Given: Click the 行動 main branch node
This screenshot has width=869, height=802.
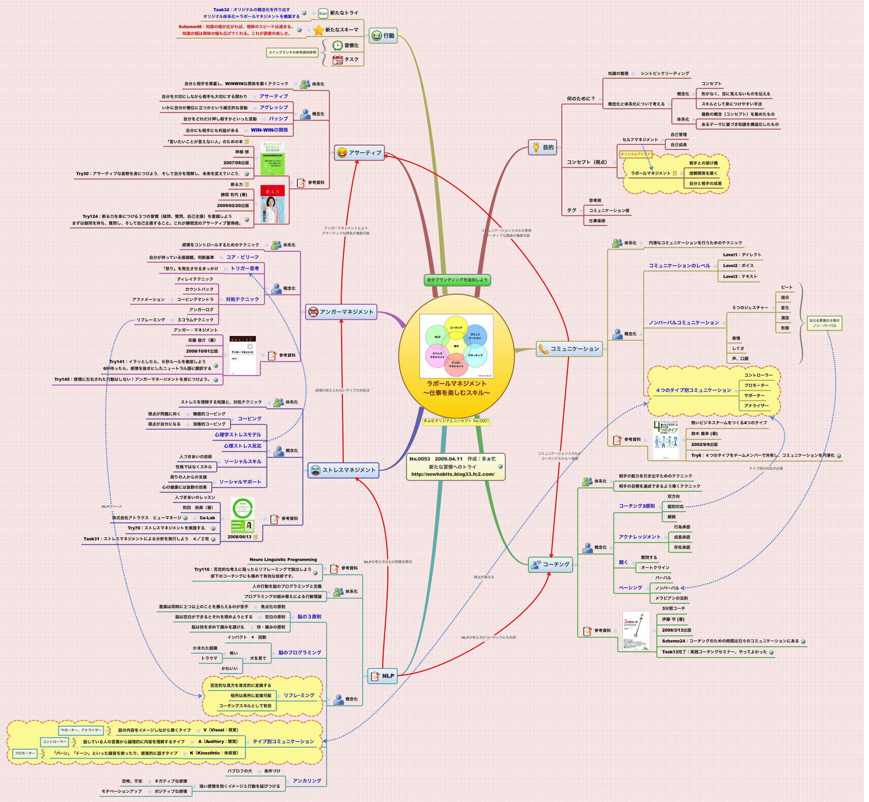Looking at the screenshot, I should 384,36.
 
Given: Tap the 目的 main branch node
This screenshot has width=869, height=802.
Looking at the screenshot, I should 543,148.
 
